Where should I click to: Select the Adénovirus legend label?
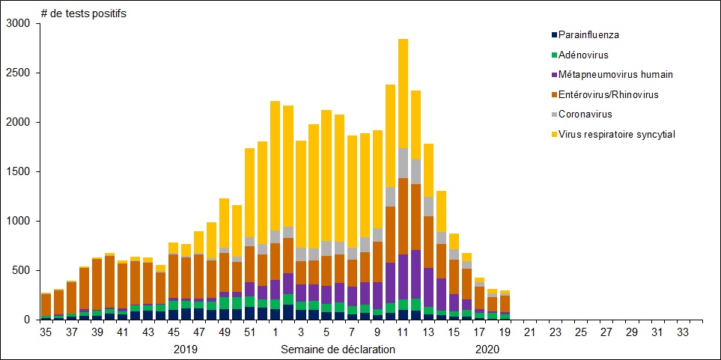tap(583, 55)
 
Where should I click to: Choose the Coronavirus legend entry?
tap(585, 115)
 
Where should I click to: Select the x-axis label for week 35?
tap(46, 332)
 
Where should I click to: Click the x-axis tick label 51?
tap(249, 332)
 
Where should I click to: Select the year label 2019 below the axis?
tap(186, 349)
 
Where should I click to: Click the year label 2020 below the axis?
tap(487, 349)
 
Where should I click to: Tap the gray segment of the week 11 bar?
tap(403, 162)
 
